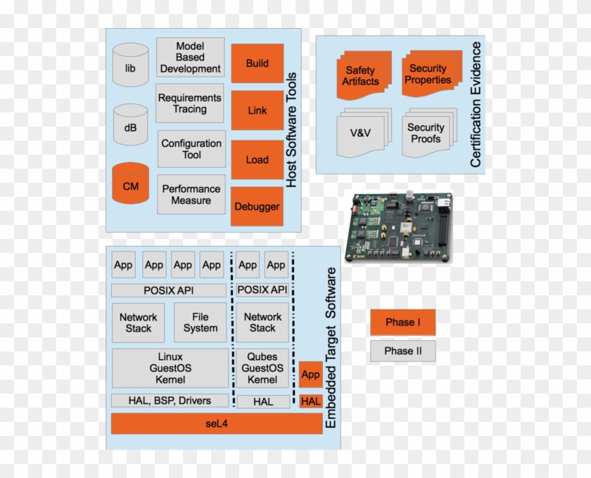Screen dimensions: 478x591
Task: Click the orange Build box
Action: (x=257, y=63)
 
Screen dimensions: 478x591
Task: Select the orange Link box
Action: (x=257, y=110)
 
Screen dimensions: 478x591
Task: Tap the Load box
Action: (x=257, y=160)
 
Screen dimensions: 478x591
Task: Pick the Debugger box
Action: (x=257, y=207)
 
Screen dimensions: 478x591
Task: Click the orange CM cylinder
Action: (x=131, y=187)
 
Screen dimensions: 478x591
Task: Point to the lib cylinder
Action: (x=131, y=68)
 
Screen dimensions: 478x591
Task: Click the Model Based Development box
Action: (x=190, y=58)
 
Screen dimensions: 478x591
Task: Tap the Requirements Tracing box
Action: (x=190, y=103)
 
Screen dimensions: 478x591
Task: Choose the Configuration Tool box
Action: (x=191, y=149)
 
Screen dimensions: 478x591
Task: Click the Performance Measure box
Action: (x=191, y=195)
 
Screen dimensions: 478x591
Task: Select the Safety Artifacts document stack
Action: (x=361, y=76)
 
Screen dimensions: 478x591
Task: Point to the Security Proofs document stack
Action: (x=426, y=133)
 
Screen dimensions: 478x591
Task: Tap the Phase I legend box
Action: (x=403, y=323)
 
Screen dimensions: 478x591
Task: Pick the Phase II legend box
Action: (x=403, y=351)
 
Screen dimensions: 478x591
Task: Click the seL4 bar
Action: (x=217, y=424)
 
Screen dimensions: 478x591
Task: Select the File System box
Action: (x=201, y=323)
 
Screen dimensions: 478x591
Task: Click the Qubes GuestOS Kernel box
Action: (x=262, y=368)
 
